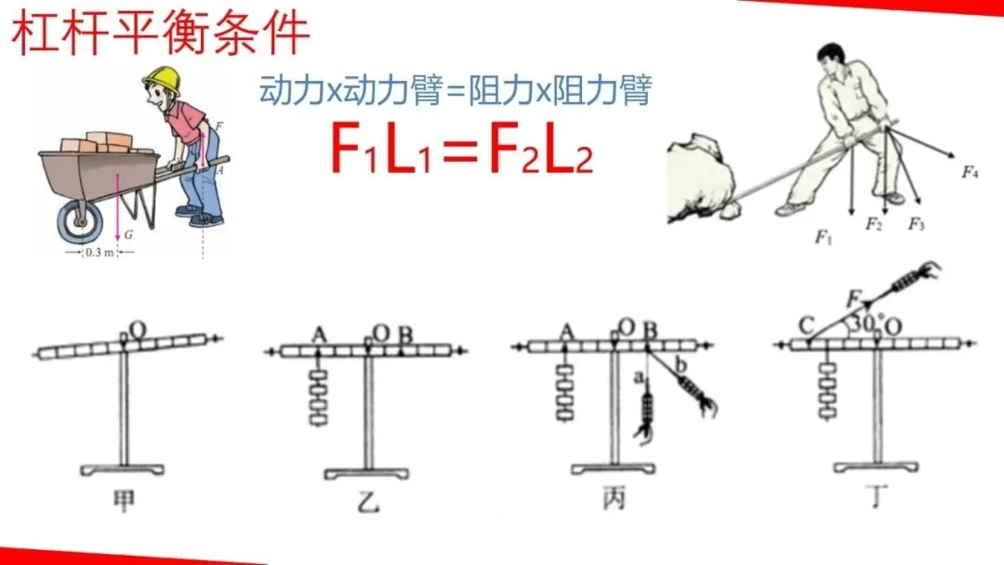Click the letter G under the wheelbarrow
tap(128, 235)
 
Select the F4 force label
tap(970, 171)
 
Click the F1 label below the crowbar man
tap(823, 238)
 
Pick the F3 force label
tap(917, 223)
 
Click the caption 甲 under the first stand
tap(124, 501)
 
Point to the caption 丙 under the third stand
tap(614, 501)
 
